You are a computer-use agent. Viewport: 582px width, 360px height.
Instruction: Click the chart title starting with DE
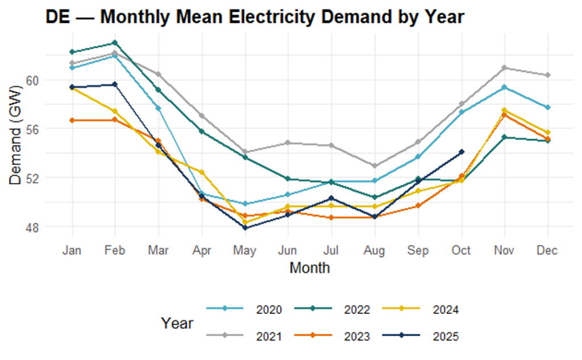[x=255, y=18]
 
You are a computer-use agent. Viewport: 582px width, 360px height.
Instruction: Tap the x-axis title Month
[x=309, y=267]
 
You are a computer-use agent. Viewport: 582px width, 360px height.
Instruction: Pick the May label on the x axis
[x=245, y=251]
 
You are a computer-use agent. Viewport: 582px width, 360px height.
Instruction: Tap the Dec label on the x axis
[x=547, y=251]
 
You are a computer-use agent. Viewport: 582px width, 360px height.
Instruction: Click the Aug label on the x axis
[x=375, y=251]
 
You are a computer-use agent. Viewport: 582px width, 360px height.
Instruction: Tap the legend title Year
[x=177, y=324]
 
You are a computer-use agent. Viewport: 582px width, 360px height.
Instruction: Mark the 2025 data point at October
[x=462, y=152]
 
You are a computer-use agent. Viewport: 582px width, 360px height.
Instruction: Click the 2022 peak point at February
[x=115, y=43]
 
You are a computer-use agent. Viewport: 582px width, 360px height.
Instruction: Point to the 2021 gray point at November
[x=505, y=68]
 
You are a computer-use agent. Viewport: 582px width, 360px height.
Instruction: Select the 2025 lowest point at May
[x=245, y=228]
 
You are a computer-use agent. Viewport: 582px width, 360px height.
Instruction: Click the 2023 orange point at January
[x=72, y=121]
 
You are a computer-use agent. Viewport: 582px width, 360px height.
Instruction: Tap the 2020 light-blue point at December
[x=548, y=107]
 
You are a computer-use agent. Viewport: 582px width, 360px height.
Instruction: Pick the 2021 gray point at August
[x=375, y=166]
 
